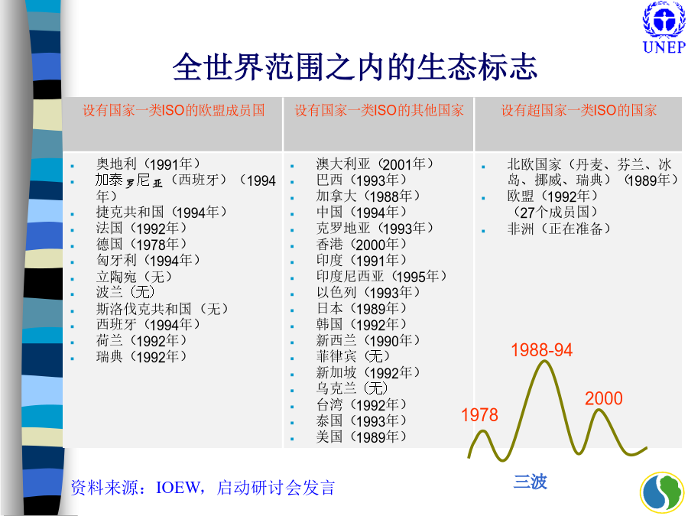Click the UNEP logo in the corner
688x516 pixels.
tap(664, 28)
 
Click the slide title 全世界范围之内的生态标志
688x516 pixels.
tap(355, 67)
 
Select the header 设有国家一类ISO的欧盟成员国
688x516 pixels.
tap(174, 110)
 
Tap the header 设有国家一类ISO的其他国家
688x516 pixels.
tap(379, 110)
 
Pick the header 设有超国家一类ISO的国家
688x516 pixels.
tap(579, 110)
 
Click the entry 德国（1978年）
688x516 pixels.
tap(141, 244)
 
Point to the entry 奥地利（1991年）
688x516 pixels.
tap(148, 164)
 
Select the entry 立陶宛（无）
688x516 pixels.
tap(134, 277)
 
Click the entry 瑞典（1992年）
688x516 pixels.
tap(141, 356)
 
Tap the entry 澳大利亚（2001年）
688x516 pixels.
tap(375, 164)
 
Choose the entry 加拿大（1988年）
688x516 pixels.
tap(368, 196)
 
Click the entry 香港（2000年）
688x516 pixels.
tap(361, 244)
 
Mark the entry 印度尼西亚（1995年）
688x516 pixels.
tap(381, 276)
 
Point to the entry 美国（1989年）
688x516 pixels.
tap(361, 436)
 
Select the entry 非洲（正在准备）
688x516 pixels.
tap(559, 228)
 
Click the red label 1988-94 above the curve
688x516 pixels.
tap(541, 350)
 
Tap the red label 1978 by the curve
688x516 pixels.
tap(479, 415)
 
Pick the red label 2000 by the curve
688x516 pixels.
tap(604, 398)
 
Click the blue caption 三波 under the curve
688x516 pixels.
tap(531, 482)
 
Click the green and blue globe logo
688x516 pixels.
tap(662, 493)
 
